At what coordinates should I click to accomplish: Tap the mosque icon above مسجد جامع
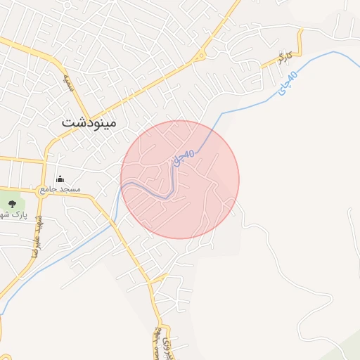[60, 179]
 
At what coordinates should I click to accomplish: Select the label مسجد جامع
[60, 189]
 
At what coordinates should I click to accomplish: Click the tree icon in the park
[12, 204]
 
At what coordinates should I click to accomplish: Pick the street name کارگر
[283, 55]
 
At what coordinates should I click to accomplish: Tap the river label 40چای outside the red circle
[288, 84]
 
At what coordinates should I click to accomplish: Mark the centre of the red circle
[180, 179]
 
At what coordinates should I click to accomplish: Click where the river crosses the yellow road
[112, 224]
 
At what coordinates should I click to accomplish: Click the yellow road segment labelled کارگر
[285, 62]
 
